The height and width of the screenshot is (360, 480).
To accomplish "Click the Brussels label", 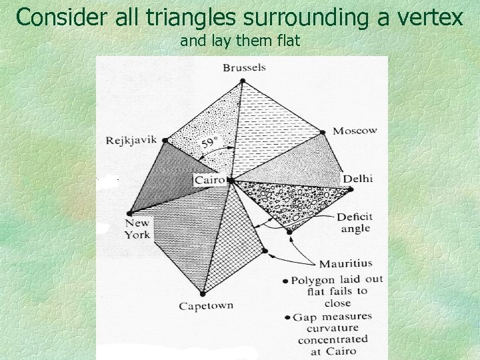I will tap(244, 67).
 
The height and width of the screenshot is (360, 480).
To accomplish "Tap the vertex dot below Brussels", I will tap(243, 81).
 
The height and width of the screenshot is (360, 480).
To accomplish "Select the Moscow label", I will tap(355, 131).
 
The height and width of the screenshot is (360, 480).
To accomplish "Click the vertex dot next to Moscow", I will tap(323, 133).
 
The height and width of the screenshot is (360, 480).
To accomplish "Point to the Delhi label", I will tap(357, 179).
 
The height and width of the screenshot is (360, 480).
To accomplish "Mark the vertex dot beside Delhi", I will tap(351, 189).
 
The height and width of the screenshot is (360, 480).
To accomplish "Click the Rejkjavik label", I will tap(131, 140).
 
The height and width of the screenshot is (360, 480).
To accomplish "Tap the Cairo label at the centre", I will tap(209, 180).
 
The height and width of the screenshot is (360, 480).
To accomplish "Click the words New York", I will tap(137, 229).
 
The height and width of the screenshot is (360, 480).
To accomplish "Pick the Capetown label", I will tap(206, 306).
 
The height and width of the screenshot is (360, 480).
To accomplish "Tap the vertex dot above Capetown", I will tap(203, 292).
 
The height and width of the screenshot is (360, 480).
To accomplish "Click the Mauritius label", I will tap(345, 263).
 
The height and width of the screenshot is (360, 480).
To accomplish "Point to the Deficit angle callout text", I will tap(355, 223).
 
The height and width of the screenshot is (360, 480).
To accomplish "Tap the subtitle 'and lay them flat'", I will tap(240, 41).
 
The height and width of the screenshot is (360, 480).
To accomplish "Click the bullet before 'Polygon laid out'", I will tap(285, 281).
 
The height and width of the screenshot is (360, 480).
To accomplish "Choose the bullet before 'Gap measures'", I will tap(285, 316).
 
